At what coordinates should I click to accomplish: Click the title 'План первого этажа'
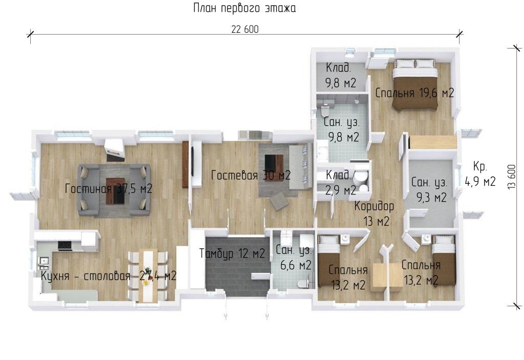tap(245, 8)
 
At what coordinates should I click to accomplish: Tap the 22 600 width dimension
tap(245, 29)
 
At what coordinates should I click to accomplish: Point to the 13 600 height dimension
tap(512, 177)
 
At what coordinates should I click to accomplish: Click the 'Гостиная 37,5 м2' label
tap(108, 188)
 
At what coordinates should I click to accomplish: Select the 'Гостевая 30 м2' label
tap(251, 175)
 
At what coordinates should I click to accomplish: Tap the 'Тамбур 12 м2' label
tap(232, 253)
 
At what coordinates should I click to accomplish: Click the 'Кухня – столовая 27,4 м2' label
tap(108, 276)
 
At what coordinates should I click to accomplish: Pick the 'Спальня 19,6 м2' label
tap(414, 93)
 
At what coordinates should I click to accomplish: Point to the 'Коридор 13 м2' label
tap(375, 214)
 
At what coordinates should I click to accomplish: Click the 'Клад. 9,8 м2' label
tap(340, 75)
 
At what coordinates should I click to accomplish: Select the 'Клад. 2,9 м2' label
tap(340, 183)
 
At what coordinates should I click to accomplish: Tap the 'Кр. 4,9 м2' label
tap(480, 174)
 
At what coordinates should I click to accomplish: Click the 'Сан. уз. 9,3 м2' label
tap(429, 190)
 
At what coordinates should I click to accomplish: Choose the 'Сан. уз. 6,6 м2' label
tap(294, 258)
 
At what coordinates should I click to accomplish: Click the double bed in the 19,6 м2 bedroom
tap(414, 84)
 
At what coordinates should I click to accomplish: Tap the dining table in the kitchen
tap(148, 276)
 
